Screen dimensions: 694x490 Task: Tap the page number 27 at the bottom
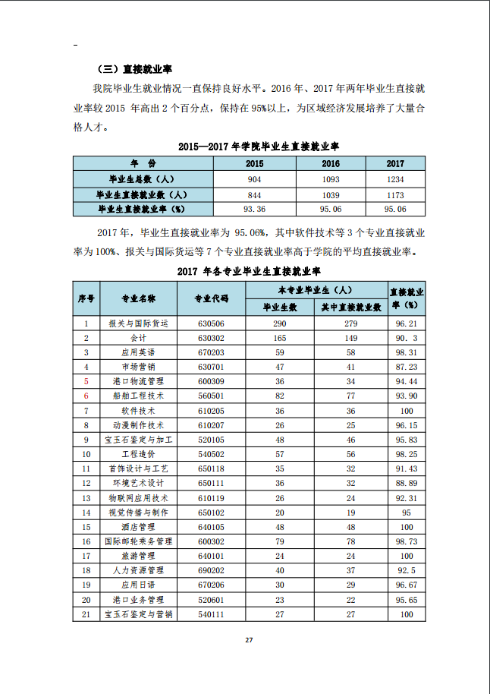pyautogui.click(x=248, y=639)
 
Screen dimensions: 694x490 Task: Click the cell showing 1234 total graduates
pyautogui.click(x=395, y=179)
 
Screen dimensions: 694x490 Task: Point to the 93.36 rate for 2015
pyautogui.click(x=254, y=208)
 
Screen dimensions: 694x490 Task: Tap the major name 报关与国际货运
pyautogui.click(x=138, y=323)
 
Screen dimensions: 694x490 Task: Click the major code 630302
pyautogui.click(x=211, y=338)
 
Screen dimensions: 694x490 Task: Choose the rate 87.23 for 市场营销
pyautogui.click(x=406, y=367)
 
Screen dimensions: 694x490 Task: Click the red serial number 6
pyautogui.click(x=86, y=396)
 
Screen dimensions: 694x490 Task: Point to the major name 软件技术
pyautogui.click(x=138, y=410)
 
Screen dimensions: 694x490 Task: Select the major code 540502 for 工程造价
pyautogui.click(x=211, y=454)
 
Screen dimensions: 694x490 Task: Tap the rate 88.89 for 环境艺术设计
pyautogui.click(x=406, y=483)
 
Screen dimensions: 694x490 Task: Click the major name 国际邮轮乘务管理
pyautogui.click(x=138, y=541)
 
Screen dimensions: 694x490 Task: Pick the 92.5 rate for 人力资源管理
pyautogui.click(x=406, y=570)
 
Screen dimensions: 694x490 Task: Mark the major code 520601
pyautogui.click(x=211, y=599)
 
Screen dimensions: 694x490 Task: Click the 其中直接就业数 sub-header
pyautogui.click(x=350, y=307)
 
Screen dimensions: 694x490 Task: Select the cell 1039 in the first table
pyautogui.click(x=331, y=194)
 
